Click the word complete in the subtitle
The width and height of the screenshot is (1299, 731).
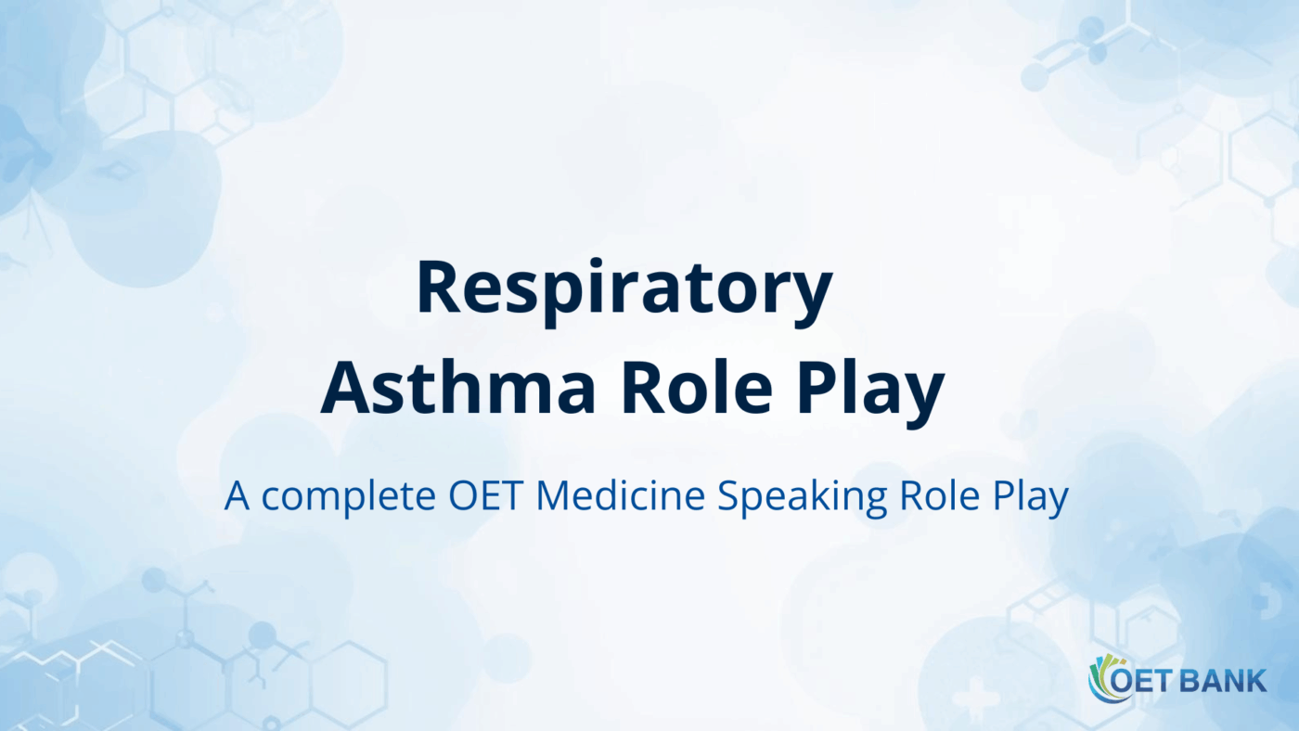click(349, 497)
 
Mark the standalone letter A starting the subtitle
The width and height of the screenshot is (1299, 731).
click(238, 497)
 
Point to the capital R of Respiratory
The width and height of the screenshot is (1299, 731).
click(438, 288)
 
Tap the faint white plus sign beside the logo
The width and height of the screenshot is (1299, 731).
click(975, 695)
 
